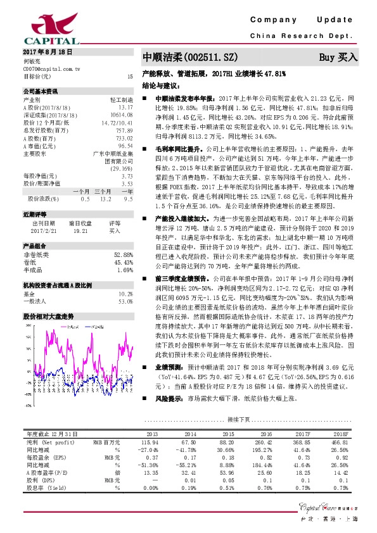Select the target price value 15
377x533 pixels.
[x=130, y=77]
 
